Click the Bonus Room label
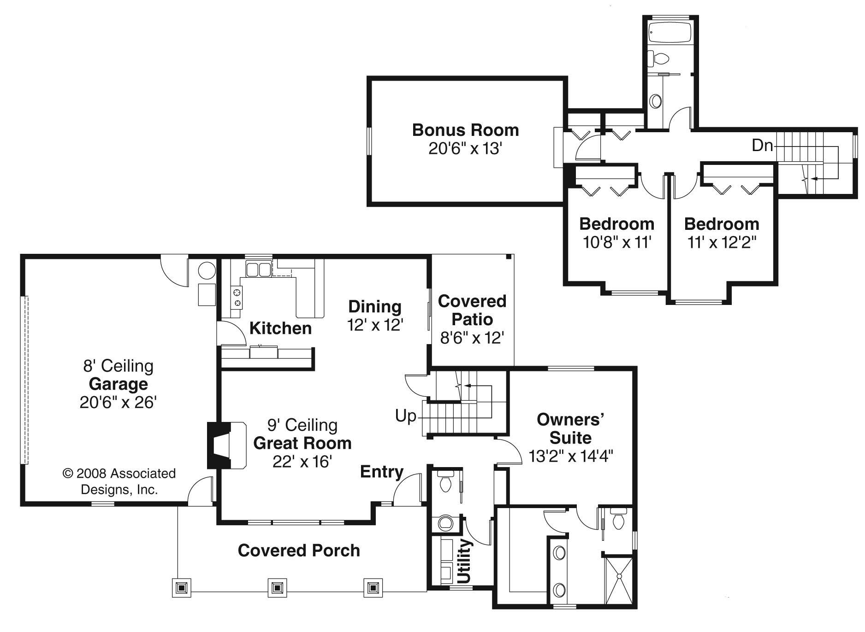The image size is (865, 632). coord(465,130)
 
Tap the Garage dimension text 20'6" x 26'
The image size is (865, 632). coord(118,403)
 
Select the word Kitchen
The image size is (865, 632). coord(280,328)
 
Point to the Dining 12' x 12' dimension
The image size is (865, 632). coord(375,325)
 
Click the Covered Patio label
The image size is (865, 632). coord(472,310)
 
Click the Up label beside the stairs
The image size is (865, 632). coord(405,416)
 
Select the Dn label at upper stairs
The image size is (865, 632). coord(762,146)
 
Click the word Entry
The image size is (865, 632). coord(381,472)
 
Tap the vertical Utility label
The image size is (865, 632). coord(465,561)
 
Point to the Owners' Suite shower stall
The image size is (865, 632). coord(619,581)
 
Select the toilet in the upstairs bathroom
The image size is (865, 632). coord(659,59)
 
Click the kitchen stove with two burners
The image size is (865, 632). coord(237,297)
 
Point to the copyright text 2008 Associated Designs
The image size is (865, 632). coord(119,481)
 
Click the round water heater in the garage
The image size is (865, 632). coord(207,270)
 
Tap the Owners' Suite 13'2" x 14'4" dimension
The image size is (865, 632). coord(570,456)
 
